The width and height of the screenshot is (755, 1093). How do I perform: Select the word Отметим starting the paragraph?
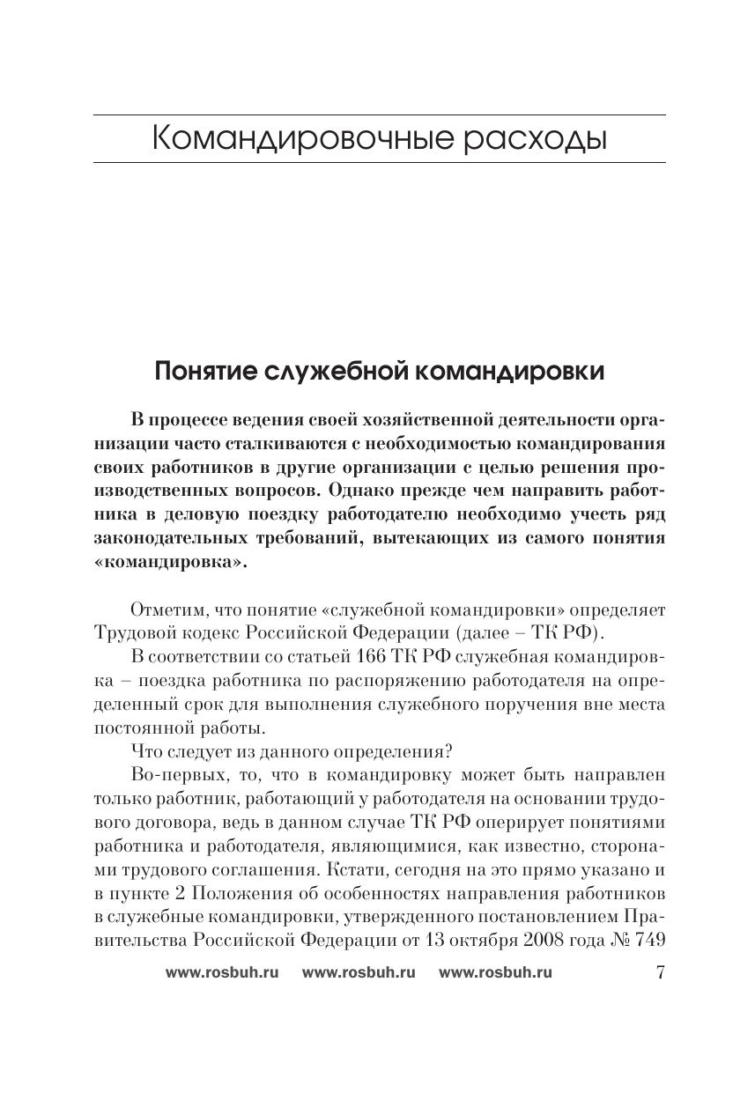[165, 610]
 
